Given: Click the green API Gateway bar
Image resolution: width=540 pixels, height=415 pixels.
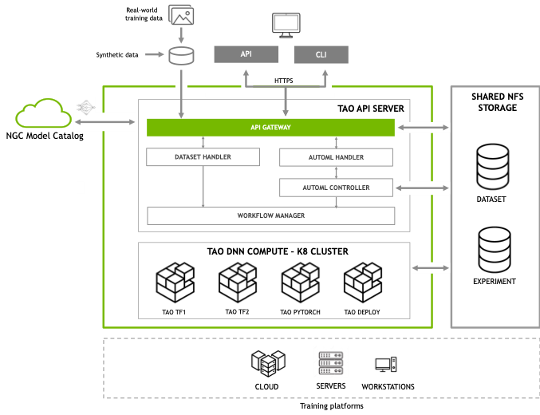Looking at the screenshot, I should (x=270, y=127).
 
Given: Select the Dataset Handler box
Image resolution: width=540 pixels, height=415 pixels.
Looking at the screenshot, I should (x=203, y=157).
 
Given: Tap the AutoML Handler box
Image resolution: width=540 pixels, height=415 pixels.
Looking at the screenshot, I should (x=336, y=157).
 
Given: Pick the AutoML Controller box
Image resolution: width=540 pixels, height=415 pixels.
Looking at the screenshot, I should (x=336, y=188).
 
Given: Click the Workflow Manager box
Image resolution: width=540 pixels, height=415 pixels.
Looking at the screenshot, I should (x=270, y=216).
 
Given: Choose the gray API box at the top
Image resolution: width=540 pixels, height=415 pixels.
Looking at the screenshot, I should (x=246, y=54).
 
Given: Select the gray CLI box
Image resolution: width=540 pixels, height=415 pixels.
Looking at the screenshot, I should (x=321, y=55).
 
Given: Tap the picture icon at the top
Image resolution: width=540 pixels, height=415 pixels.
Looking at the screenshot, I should (x=181, y=14).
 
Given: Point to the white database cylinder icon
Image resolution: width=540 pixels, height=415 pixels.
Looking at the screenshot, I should (x=182, y=56).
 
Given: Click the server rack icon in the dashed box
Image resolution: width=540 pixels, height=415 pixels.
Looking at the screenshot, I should (x=331, y=362).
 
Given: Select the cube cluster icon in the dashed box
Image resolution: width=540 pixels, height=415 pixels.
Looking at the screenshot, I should (x=268, y=362).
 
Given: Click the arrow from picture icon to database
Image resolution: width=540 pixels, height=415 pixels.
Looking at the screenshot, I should (x=181, y=35).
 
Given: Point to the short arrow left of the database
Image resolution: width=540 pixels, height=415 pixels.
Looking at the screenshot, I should (x=154, y=55).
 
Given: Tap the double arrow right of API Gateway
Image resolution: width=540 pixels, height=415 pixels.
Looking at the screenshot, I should (x=423, y=127).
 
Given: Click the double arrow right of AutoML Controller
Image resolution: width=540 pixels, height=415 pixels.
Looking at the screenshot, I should (x=423, y=188).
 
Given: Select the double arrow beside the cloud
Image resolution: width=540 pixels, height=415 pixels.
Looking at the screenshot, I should (x=105, y=123).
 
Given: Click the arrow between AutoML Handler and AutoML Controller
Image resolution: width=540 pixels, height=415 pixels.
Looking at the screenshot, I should (x=336, y=172).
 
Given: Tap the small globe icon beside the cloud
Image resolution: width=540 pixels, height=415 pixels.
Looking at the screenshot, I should (x=85, y=106).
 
